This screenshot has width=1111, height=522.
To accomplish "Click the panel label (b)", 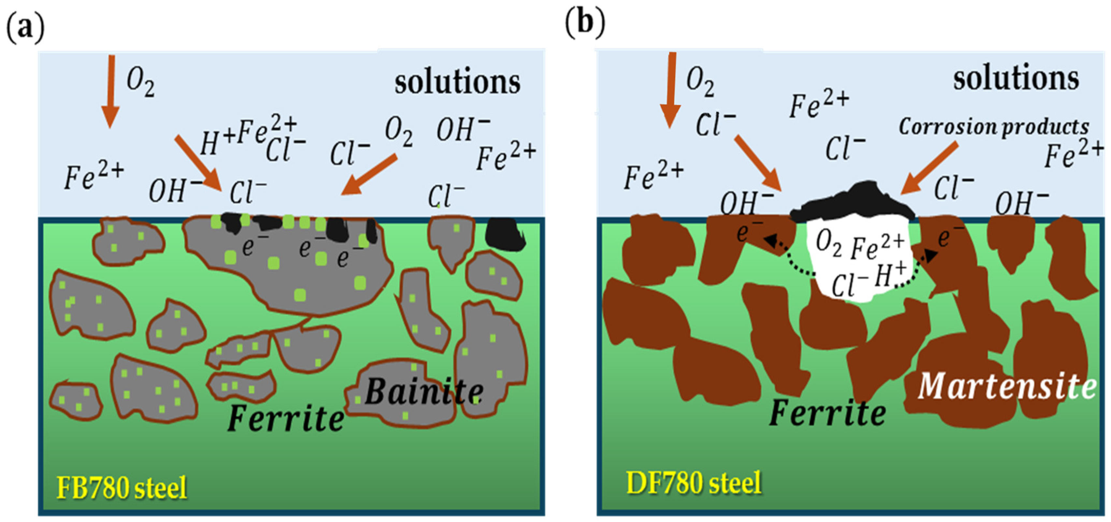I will [585, 23].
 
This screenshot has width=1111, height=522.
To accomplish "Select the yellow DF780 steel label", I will [694, 483].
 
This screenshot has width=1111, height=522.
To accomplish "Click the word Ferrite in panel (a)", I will [285, 418].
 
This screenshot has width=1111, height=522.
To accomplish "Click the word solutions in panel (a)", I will [457, 82].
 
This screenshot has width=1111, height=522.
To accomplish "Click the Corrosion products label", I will [994, 127].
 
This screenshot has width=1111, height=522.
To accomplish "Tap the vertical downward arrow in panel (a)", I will [110, 91].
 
